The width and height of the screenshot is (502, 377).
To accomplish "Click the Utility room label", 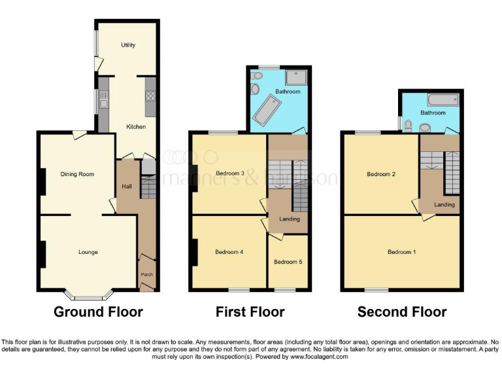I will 127,45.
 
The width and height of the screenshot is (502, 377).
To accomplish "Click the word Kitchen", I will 136,126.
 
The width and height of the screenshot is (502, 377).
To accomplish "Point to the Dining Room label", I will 77,174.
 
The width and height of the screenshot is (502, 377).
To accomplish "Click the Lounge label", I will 88,251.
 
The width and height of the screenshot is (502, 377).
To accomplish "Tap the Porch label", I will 146,274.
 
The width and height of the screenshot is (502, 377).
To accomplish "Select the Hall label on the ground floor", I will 127,187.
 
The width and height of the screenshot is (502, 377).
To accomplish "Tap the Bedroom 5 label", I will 288,262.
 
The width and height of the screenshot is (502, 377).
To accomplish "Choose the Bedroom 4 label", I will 229,251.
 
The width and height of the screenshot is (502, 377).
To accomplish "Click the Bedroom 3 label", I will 229,173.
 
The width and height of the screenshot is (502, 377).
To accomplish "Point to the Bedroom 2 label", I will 380,174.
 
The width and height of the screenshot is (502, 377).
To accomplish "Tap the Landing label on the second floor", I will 444,205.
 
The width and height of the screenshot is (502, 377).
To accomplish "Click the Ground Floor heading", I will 98,312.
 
